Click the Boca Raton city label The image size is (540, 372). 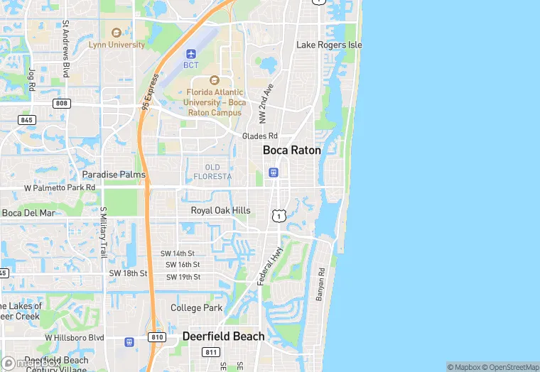[291, 151]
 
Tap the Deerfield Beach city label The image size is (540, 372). [223, 337]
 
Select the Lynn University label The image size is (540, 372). [117, 45]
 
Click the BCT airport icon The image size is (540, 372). [190, 54]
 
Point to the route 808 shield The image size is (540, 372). [62, 104]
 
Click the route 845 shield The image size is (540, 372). [27, 120]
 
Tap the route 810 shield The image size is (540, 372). [158, 337]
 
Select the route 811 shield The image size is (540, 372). [211, 352]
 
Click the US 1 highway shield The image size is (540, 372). [279, 214]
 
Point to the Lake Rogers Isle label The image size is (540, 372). [329, 45]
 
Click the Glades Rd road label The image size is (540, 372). [259, 136]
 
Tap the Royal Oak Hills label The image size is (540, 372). [220, 211]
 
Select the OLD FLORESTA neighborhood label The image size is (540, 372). [213, 172]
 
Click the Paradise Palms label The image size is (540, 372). [114, 175]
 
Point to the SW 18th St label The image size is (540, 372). [128, 273]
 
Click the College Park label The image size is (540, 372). [196, 308]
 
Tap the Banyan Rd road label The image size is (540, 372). [320, 284]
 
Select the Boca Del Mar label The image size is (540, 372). [28, 213]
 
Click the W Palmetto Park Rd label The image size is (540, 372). [60, 188]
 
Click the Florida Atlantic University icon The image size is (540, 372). [215, 80]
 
